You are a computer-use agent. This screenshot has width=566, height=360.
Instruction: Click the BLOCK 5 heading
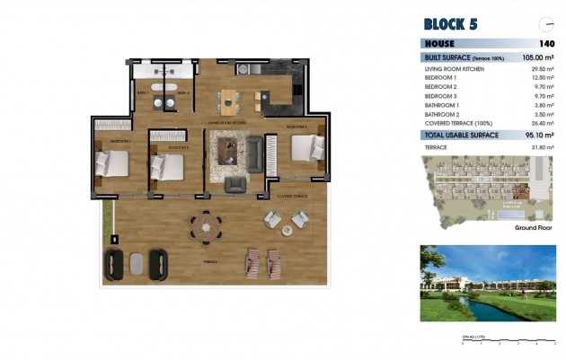tap(456, 24)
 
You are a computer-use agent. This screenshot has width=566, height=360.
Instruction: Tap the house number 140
tap(546, 43)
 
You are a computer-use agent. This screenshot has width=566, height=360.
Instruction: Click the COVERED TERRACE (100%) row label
tap(457, 123)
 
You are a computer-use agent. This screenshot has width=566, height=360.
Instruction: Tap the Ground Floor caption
tap(533, 228)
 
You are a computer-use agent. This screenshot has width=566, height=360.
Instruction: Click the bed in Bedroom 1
tap(111, 163)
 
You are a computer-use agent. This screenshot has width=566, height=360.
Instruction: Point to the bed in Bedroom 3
tap(304, 148)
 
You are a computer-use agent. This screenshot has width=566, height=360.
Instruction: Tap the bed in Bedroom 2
tap(167, 167)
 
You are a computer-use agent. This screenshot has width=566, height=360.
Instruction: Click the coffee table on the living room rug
tap(228, 148)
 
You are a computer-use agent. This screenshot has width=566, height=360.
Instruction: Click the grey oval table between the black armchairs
tap(137, 262)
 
